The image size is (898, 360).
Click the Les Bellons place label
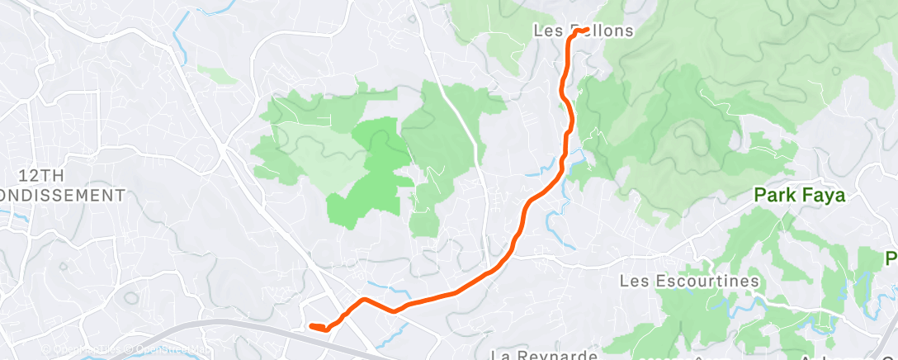click(x=584, y=31)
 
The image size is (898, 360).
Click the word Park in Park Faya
click(x=777, y=197)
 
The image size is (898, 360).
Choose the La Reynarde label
click(x=544, y=355)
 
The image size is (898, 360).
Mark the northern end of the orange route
click(x=584, y=30)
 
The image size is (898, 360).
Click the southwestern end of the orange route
click(x=311, y=326)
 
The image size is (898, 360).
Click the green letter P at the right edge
click(x=891, y=258)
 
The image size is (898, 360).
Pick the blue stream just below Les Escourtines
click(x=726, y=302)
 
